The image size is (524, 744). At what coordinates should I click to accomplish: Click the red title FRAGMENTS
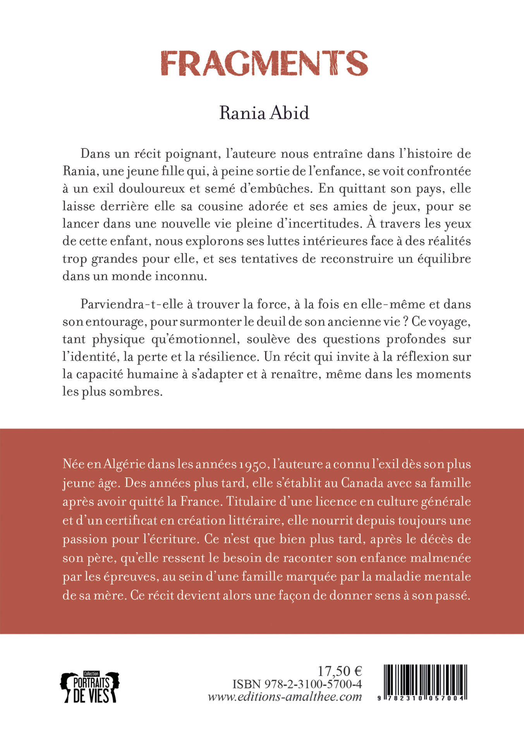point(264,64)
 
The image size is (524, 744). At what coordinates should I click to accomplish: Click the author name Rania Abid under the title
point(264,113)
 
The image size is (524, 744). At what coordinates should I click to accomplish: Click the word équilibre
point(444,259)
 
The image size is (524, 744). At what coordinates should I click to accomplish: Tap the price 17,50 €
point(339,671)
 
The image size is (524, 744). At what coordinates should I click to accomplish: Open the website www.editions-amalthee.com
point(285,697)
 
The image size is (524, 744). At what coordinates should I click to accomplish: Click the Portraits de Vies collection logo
point(89,687)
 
